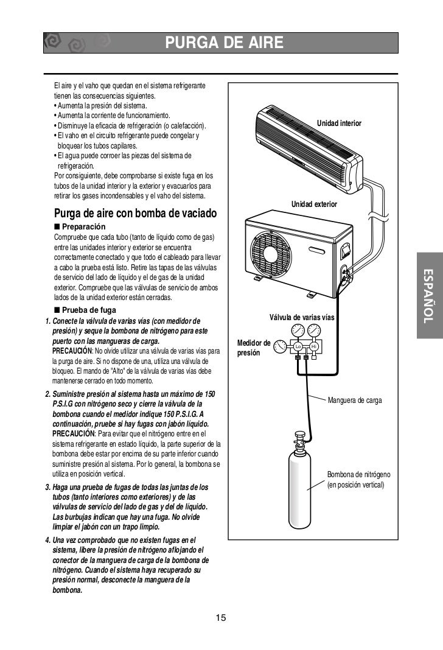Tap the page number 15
point(221,618)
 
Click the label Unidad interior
point(339,124)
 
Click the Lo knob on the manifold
point(298,346)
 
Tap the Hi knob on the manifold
point(314,346)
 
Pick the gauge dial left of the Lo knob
point(280,346)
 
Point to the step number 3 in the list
point(48,488)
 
